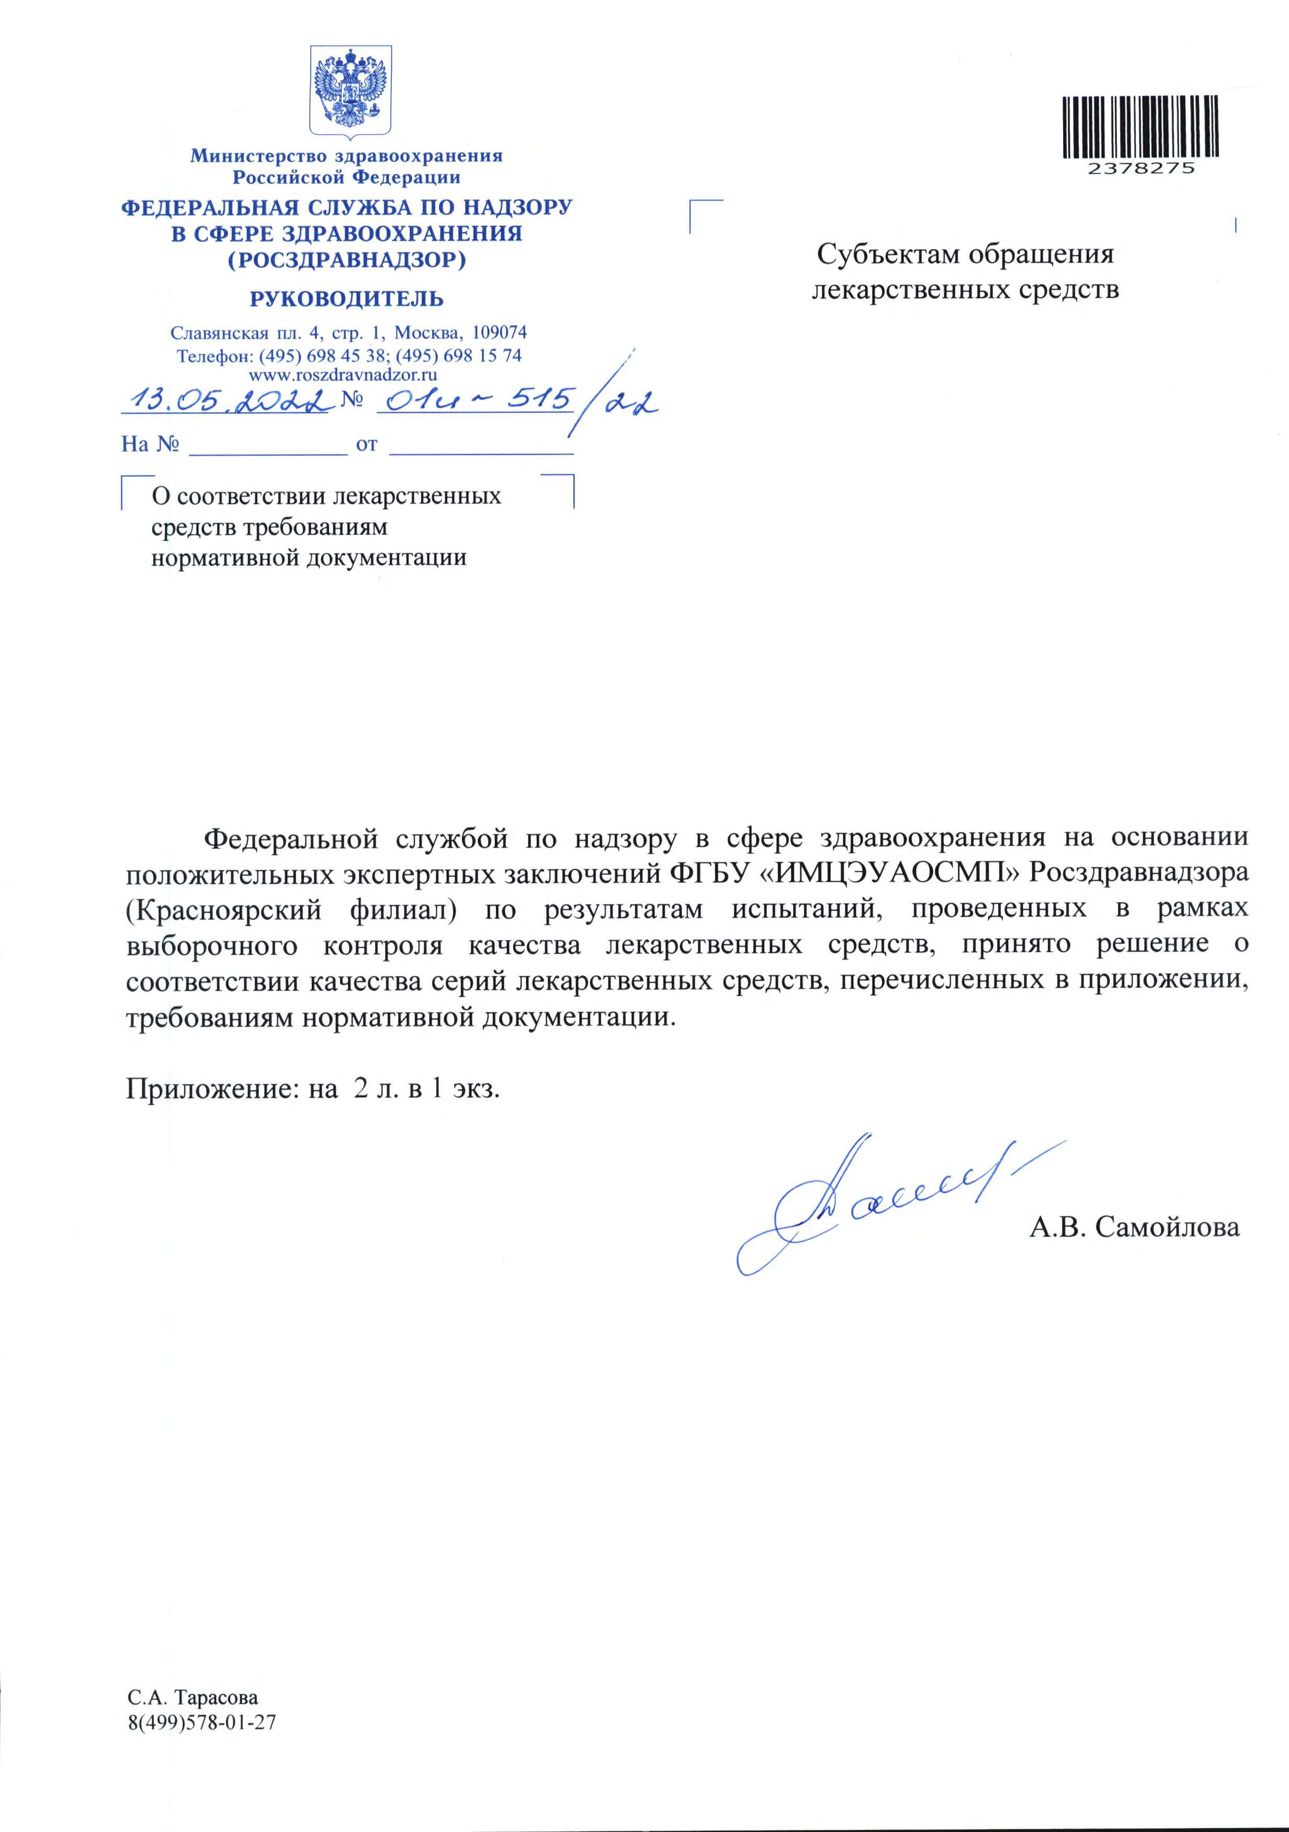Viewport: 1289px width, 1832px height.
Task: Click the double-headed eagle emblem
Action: click(x=350, y=90)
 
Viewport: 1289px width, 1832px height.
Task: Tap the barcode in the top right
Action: click(x=1140, y=126)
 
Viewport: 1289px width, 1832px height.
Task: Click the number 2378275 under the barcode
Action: click(x=1140, y=168)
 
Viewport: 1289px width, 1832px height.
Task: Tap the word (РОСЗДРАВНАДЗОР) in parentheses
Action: click(x=346, y=260)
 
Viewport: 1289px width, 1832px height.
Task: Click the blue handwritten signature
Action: click(x=869, y=1205)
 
